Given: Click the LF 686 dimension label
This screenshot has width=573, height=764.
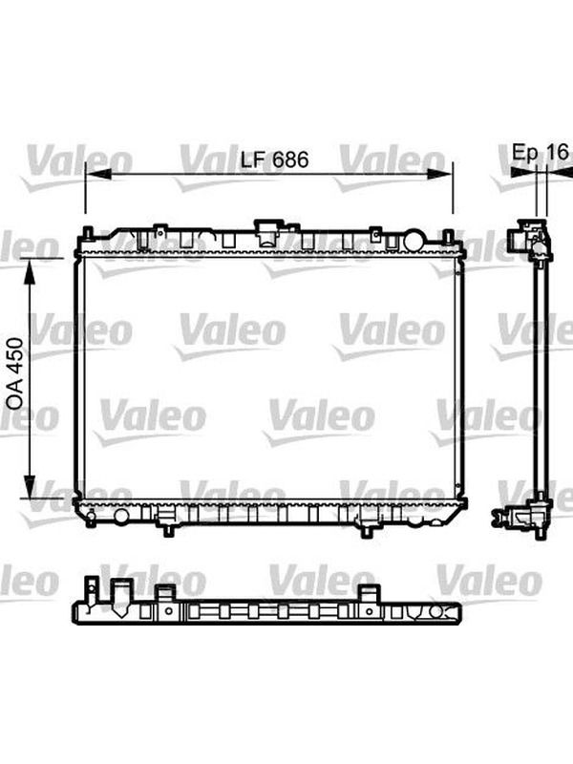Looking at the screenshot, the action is (x=275, y=159).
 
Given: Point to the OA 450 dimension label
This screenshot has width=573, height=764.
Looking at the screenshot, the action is (x=14, y=373).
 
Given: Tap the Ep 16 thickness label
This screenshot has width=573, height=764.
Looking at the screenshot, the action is (x=541, y=152).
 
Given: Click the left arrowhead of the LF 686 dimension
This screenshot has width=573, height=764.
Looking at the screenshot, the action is (x=98, y=174).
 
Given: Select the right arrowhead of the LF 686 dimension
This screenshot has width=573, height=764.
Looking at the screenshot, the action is (x=440, y=174).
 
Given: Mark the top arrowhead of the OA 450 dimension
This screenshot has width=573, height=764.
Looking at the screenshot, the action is (x=30, y=270).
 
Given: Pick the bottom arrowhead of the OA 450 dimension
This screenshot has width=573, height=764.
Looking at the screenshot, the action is (x=30, y=486).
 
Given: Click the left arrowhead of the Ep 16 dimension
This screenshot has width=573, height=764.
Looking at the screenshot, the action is (x=522, y=171).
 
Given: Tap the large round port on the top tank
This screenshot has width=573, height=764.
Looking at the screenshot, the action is (x=414, y=240).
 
